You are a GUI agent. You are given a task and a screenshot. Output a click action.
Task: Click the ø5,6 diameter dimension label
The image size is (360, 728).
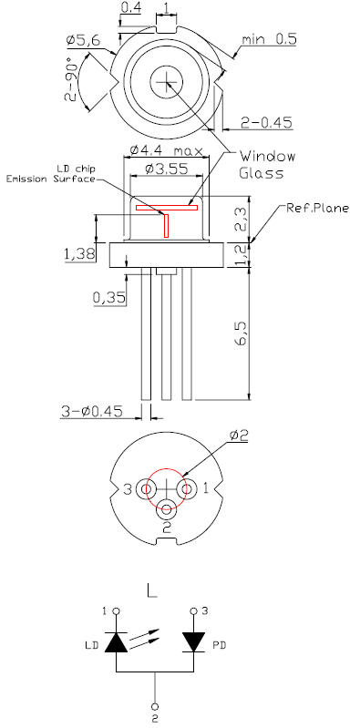pyautogui.click(x=83, y=41)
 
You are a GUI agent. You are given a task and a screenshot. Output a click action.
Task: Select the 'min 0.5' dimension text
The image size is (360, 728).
pyautogui.click(x=269, y=39)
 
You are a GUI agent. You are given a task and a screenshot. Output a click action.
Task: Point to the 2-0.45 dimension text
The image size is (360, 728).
pyautogui.click(x=267, y=123)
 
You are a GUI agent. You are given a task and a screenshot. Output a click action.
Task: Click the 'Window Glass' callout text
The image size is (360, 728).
pyautogui.click(x=267, y=164)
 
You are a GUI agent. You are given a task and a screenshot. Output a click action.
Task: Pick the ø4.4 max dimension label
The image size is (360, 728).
pyautogui.click(x=167, y=150)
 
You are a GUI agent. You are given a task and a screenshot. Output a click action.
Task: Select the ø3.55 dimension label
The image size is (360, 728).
pyautogui.click(x=166, y=169)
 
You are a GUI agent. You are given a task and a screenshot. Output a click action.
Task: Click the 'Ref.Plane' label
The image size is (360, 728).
pyautogui.click(x=317, y=208)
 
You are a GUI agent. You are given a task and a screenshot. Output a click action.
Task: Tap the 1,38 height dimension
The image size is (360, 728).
pyautogui.click(x=80, y=253)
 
